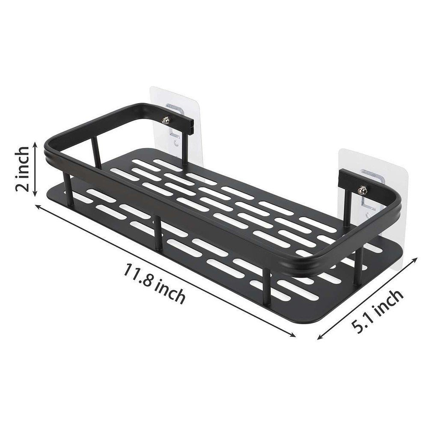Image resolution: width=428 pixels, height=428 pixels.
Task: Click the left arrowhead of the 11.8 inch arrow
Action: pyautogui.click(x=37, y=207)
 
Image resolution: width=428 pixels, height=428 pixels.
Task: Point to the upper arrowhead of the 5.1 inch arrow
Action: pyautogui.click(x=416, y=259)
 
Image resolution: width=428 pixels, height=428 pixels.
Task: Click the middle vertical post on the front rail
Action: pyautogui.click(x=158, y=233)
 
